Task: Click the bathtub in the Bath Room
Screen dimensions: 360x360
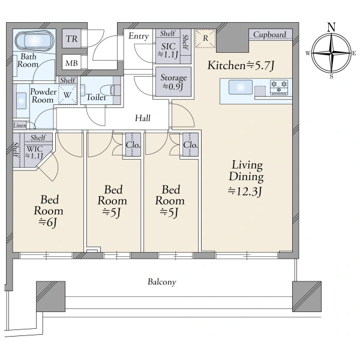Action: click(x=34, y=40)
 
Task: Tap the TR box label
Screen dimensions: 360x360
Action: click(x=71, y=39)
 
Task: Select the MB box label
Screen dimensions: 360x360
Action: click(x=71, y=63)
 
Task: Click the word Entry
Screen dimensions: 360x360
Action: click(x=139, y=36)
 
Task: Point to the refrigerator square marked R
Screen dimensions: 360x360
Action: click(x=205, y=38)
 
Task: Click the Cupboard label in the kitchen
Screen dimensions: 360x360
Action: click(x=270, y=34)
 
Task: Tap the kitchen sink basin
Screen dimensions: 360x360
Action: click(x=241, y=87)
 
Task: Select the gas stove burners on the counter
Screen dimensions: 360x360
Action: click(x=279, y=87)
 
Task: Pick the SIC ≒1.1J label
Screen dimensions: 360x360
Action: click(x=168, y=50)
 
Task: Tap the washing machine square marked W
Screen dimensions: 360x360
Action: click(x=67, y=94)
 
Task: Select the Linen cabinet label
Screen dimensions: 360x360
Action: click(x=20, y=125)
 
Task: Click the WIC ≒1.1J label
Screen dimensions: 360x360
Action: click(x=34, y=152)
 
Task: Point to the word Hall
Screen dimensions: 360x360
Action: click(x=143, y=118)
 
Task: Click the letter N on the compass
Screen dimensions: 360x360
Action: click(x=331, y=27)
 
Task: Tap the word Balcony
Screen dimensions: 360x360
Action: click(x=162, y=282)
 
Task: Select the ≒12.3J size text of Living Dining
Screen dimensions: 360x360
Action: click(x=245, y=191)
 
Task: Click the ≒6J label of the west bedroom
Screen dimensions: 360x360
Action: click(x=47, y=222)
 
